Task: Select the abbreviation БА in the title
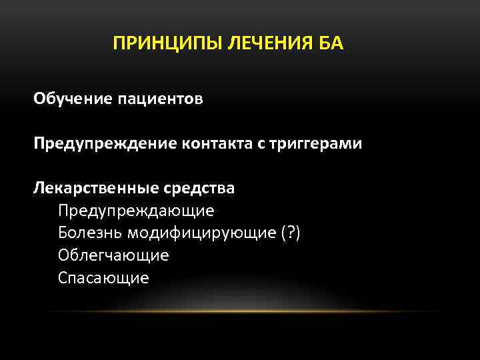coord(332,44)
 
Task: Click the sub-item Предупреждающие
coord(136,211)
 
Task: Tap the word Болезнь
coord(90,233)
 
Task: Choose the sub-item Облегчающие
coord(113,255)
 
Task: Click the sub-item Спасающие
coord(103,277)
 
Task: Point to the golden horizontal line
coord(240,311)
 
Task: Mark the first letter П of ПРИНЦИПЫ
coord(119,44)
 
